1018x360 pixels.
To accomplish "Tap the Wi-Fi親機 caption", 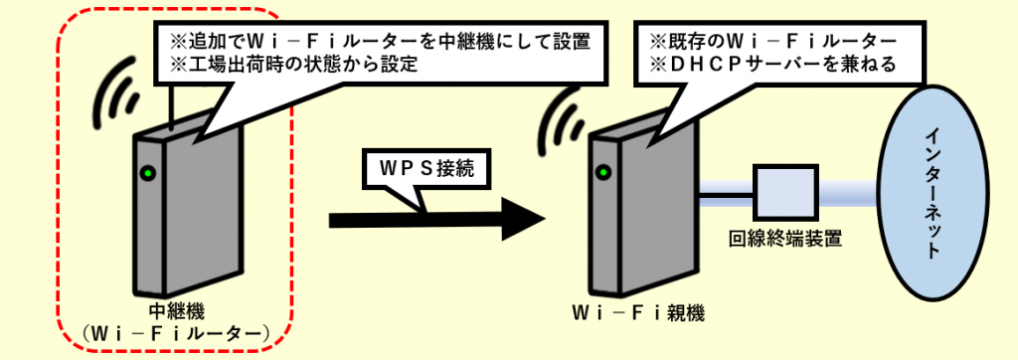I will pos(639,312).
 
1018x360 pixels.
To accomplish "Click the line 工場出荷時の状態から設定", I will pos(299,66).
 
